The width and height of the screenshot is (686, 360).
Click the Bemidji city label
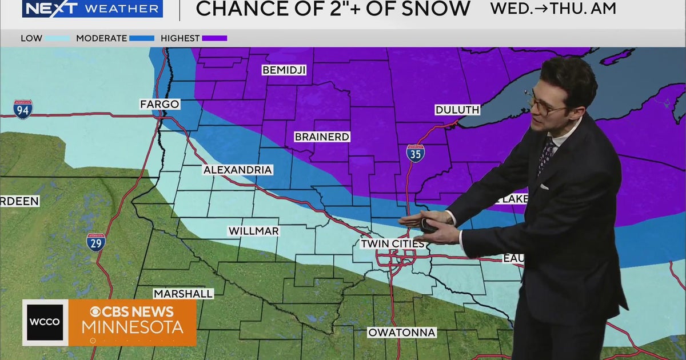tap(284, 70)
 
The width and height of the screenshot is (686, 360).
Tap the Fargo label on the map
tap(160, 105)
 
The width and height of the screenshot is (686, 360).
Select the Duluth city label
tap(457, 110)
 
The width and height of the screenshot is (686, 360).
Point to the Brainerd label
tap(322, 137)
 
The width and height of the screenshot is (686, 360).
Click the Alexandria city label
tap(238, 170)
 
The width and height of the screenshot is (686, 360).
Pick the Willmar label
tap(253, 231)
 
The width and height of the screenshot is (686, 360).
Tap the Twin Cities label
tap(392, 244)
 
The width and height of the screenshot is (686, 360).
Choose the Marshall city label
tap(183, 294)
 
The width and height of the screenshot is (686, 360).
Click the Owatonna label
tap(402, 333)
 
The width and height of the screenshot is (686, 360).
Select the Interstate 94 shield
tap(23, 109)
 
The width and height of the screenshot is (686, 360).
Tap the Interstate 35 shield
tap(416, 153)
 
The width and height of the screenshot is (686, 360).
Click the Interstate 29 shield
tap(96, 242)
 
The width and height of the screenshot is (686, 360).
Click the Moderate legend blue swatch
tap(142, 39)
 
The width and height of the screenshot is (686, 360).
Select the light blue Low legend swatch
tap(57, 39)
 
